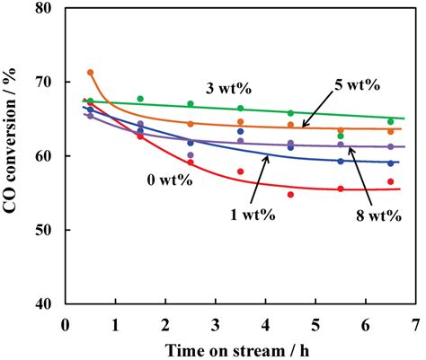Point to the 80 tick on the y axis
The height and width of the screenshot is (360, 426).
50,9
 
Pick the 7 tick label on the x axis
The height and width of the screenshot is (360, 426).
415,320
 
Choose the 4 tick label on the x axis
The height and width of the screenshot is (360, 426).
266,320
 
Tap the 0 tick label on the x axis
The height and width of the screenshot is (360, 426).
66,320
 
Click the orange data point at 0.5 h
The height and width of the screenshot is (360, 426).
90,73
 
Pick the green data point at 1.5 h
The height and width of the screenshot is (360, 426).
140,99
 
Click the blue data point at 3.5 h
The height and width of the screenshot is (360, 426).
240,132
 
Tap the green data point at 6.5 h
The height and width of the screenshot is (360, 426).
390,121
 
